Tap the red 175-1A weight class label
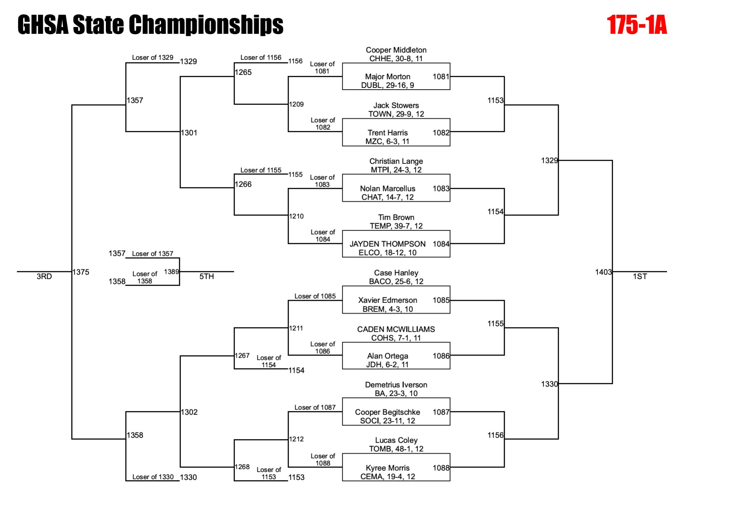[x=637, y=25]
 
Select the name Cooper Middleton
[x=396, y=50]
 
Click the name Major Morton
[x=387, y=77]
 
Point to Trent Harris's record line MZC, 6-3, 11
[x=387, y=142]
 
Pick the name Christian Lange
[x=396, y=161]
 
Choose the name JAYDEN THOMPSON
[x=387, y=244]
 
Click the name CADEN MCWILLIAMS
[x=396, y=329]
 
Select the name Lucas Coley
[x=396, y=440]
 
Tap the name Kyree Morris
[x=387, y=468]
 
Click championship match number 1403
[x=603, y=272]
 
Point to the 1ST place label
[x=640, y=276]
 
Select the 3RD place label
[x=44, y=276]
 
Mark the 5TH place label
[x=206, y=276]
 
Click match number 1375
[x=81, y=272]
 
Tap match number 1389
[x=171, y=272]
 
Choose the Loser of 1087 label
[x=315, y=407]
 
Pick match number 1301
[x=189, y=133]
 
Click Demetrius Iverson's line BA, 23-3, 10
[x=396, y=393]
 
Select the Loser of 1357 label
[x=152, y=254]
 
